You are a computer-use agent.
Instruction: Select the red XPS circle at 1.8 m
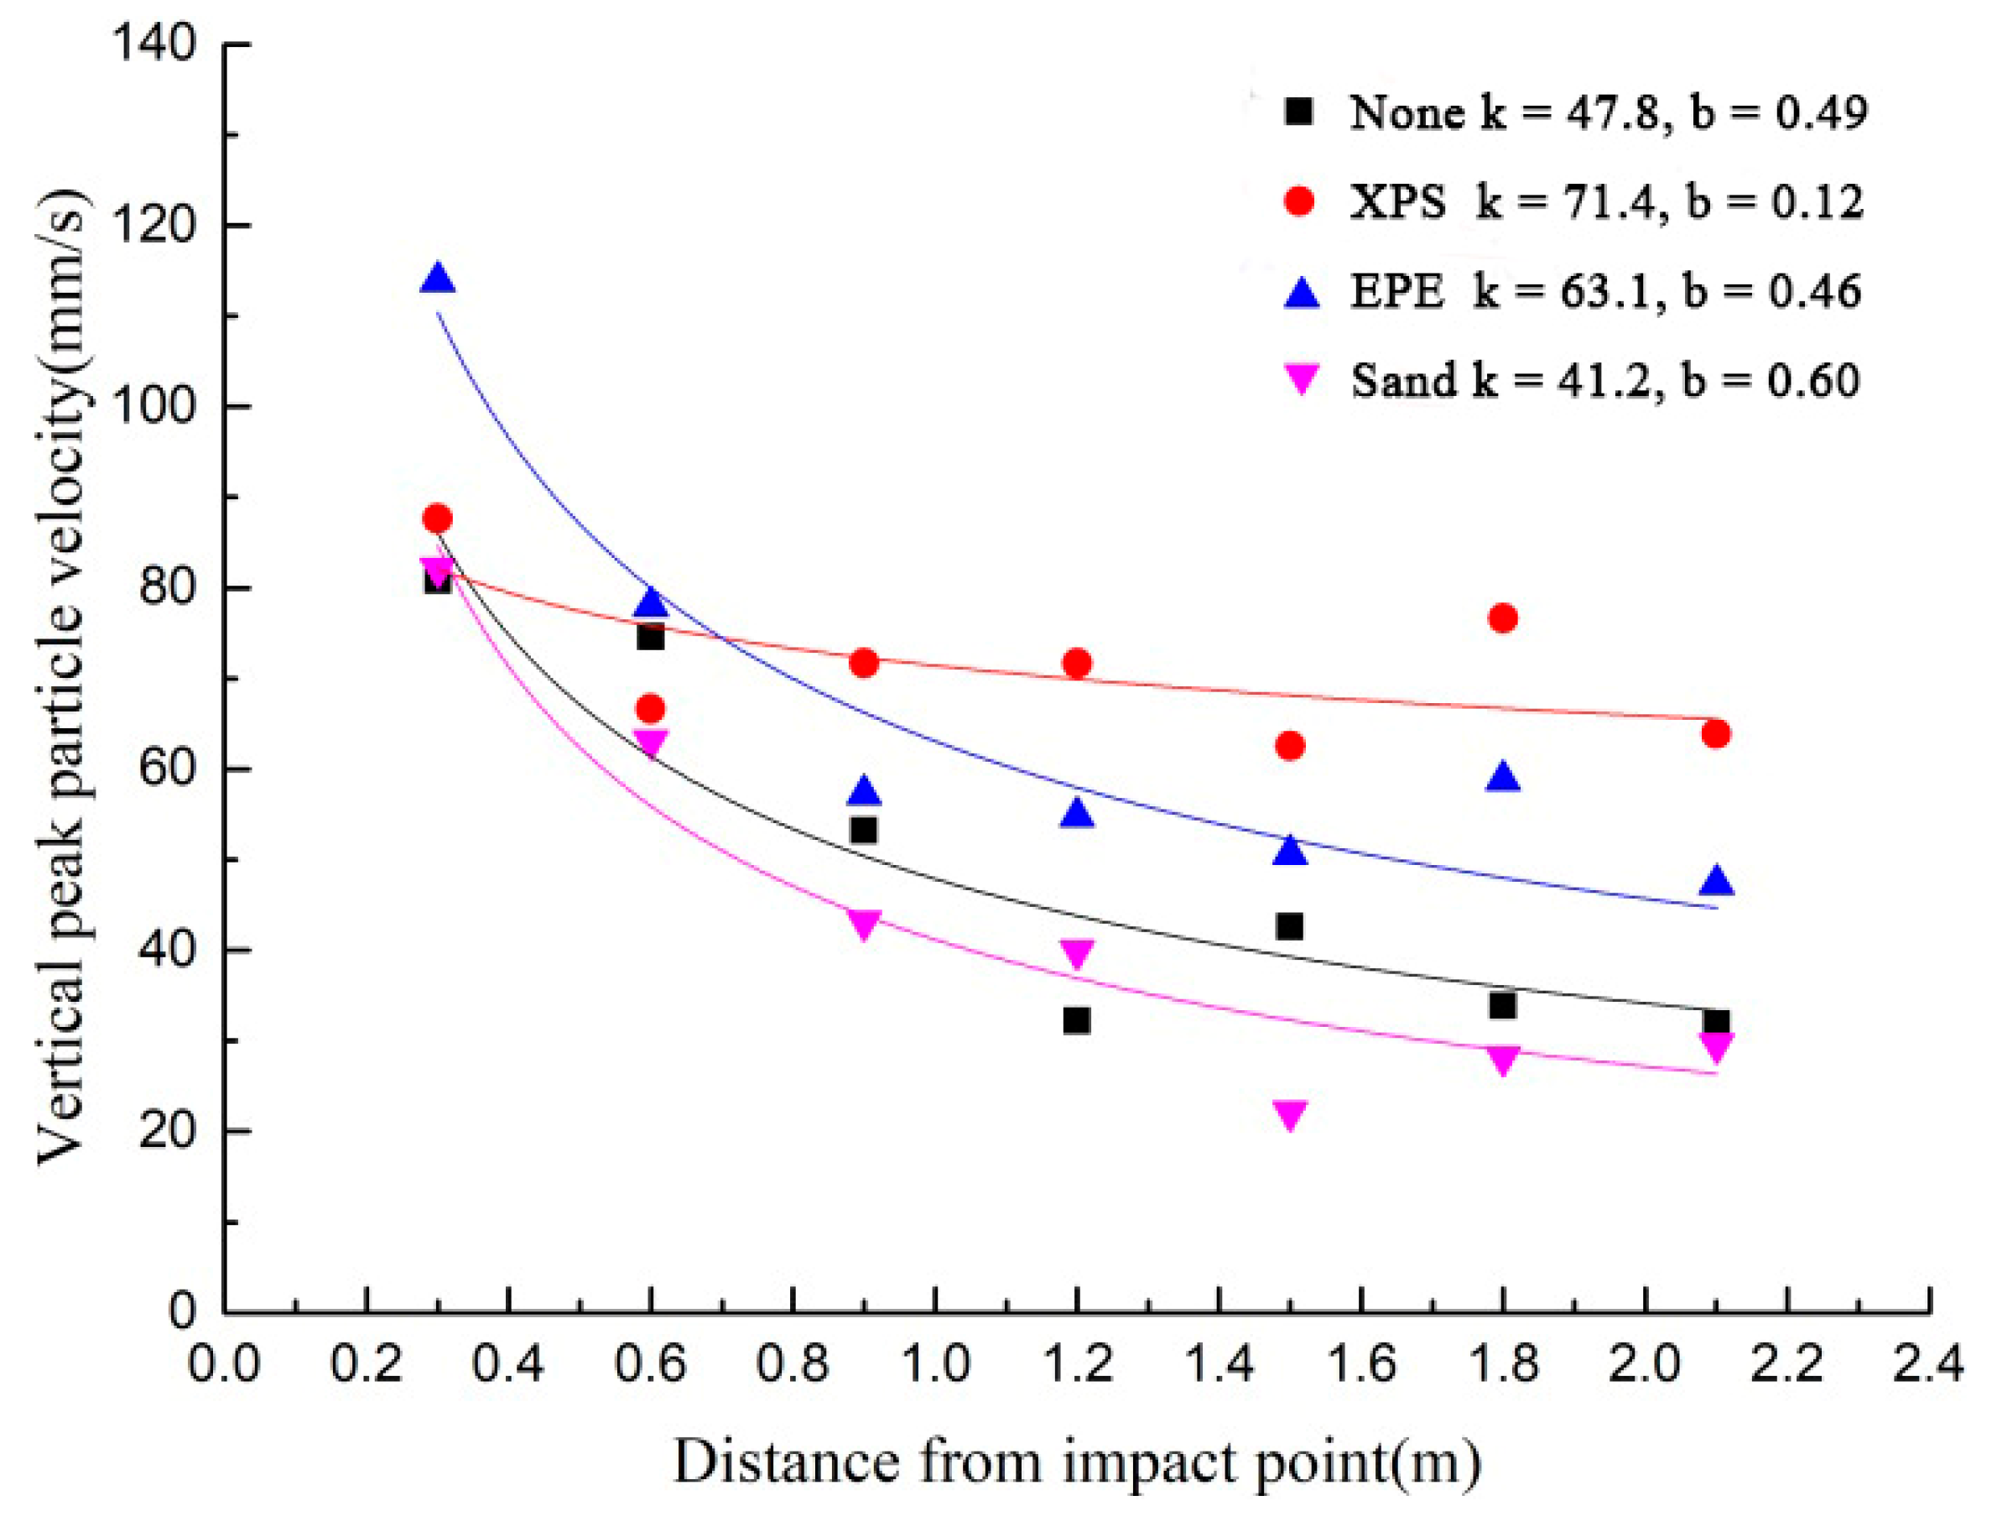[1503, 619]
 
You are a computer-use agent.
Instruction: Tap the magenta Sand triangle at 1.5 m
[1290, 1113]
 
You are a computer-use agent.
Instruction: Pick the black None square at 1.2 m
[1077, 1021]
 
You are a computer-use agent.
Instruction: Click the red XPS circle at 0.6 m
[651, 708]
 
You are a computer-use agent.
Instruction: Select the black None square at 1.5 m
[1289, 927]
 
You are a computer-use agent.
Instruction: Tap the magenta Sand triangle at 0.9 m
[864, 925]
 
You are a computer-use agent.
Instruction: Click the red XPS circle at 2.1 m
[1715, 733]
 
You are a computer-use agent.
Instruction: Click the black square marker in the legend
[1299, 112]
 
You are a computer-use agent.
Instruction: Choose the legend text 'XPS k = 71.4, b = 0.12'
[1605, 201]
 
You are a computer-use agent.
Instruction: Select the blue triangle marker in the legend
[1301, 293]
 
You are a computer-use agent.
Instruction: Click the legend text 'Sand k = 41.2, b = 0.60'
[1604, 380]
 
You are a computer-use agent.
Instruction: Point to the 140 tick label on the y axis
[153, 44]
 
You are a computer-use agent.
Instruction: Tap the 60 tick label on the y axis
[167, 769]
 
